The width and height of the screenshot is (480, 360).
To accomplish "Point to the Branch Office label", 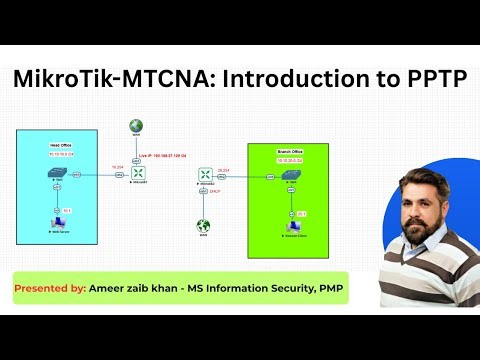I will coord(289,151).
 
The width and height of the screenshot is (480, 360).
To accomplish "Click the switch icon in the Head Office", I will coord(56,174).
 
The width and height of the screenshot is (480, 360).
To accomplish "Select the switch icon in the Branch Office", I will coord(290,175).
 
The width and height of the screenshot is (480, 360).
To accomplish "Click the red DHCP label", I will coord(214,191).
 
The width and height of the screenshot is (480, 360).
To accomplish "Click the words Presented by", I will coord(47,288).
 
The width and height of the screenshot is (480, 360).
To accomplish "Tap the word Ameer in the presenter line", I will coord(105,288).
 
